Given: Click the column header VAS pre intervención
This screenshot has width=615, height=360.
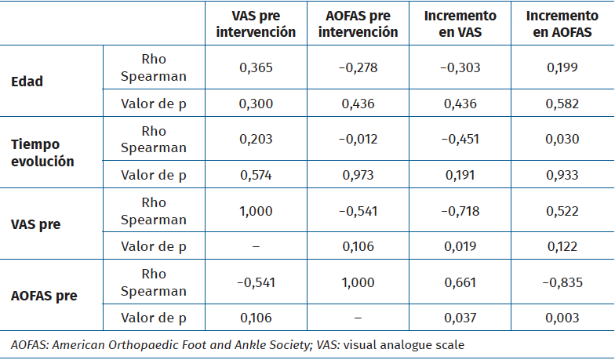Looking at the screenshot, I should coord(257,24).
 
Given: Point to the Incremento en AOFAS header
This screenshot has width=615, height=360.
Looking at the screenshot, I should coord(562,24).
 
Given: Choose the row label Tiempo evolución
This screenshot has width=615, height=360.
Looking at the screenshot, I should coord(42,153).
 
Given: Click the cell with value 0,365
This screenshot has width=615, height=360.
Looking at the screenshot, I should coord(257,67).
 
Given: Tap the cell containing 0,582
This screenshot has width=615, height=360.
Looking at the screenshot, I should coord(562,104).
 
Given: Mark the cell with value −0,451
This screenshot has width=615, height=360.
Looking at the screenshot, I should coord(460,139).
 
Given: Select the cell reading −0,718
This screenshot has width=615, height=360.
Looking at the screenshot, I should coord(460,211).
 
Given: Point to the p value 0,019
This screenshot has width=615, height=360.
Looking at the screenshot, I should coord(460,246).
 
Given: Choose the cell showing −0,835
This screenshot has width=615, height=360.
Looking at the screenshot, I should coord(562,282).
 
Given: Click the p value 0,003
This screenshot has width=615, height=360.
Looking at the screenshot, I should coord(562,318).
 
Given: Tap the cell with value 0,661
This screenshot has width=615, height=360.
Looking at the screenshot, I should coord(460,282).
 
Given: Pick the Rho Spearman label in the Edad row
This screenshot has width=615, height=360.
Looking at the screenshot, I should coord(154,67).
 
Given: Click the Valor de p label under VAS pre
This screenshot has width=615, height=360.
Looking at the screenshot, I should coord(154,246).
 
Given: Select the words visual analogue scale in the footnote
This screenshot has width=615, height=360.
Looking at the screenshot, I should coord(417,344).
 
